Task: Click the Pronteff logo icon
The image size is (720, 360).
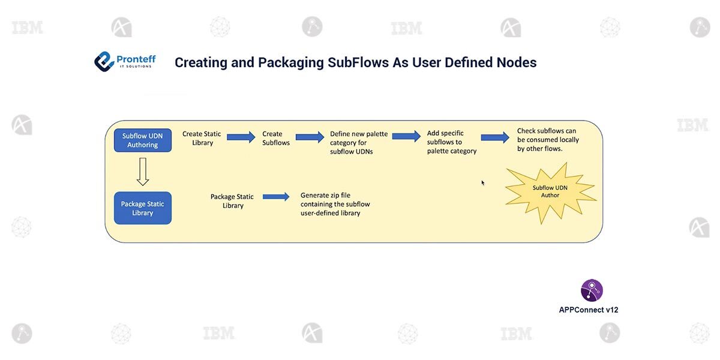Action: click(104, 61)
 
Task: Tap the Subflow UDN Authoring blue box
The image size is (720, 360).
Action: click(143, 140)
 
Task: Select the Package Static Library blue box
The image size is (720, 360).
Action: click(143, 208)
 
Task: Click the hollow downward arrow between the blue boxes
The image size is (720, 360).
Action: click(142, 172)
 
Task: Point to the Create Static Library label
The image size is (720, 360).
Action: click(202, 138)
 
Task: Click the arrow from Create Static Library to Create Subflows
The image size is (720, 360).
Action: click(241, 137)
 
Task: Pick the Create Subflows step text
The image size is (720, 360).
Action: click(276, 138)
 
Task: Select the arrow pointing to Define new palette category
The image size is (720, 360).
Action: click(310, 137)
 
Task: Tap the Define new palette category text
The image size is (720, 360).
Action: click(359, 142)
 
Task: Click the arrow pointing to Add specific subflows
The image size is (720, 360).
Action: click(407, 136)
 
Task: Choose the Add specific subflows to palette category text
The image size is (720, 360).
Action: click(451, 142)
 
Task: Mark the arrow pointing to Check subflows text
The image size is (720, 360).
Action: click(495, 137)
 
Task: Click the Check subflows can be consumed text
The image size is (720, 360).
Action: click(547, 139)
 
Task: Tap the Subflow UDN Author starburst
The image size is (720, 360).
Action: click(550, 191)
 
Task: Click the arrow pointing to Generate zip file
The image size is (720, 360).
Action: click(276, 196)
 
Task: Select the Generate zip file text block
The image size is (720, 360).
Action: click(335, 204)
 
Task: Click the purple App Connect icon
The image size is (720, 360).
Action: click(592, 290)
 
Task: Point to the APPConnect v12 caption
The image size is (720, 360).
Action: click(589, 310)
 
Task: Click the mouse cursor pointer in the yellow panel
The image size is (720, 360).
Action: click(483, 182)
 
